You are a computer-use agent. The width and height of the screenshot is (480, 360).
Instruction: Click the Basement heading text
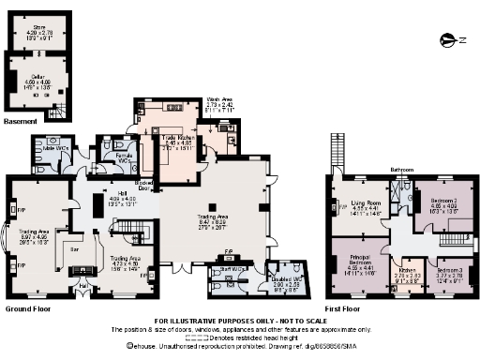[21, 122]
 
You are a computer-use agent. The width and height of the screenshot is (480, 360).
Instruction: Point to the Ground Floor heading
[28, 307]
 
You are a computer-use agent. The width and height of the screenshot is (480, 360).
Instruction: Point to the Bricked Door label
[144, 185]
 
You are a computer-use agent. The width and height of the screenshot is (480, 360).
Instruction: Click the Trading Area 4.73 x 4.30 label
[124, 262]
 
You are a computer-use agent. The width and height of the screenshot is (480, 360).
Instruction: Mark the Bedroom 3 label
[450, 274]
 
